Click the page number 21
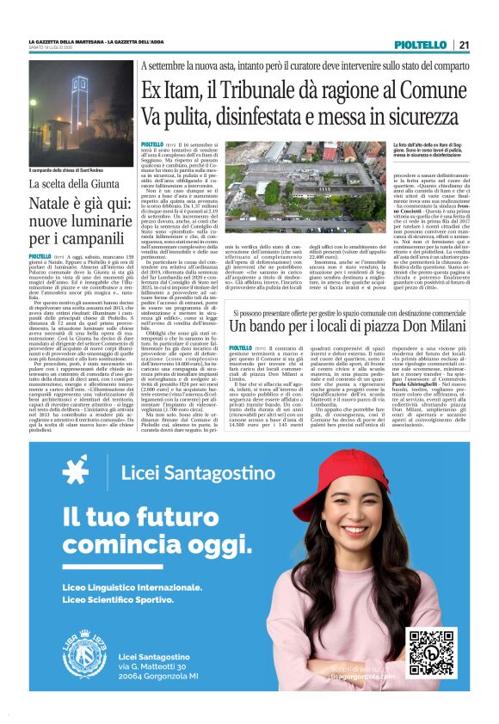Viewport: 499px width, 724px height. pyautogui.click(x=464, y=44)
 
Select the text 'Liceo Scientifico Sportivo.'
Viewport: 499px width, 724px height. pyautogui.click(x=118, y=598)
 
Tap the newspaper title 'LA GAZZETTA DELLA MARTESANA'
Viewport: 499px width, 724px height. pyautogui.click(x=66, y=40)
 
